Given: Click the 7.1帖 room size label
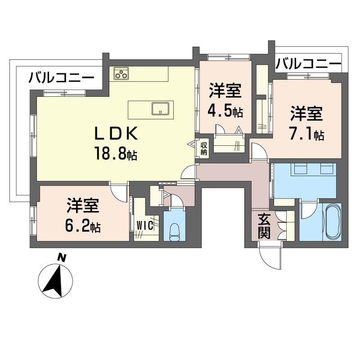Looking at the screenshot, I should [306, 134].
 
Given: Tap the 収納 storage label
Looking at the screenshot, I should [204, 148].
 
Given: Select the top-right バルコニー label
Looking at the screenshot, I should [308, 64].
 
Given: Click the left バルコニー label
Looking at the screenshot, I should [62, 78].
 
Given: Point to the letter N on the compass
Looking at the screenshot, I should [62, 258].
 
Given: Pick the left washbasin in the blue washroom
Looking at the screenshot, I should [299, 170].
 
